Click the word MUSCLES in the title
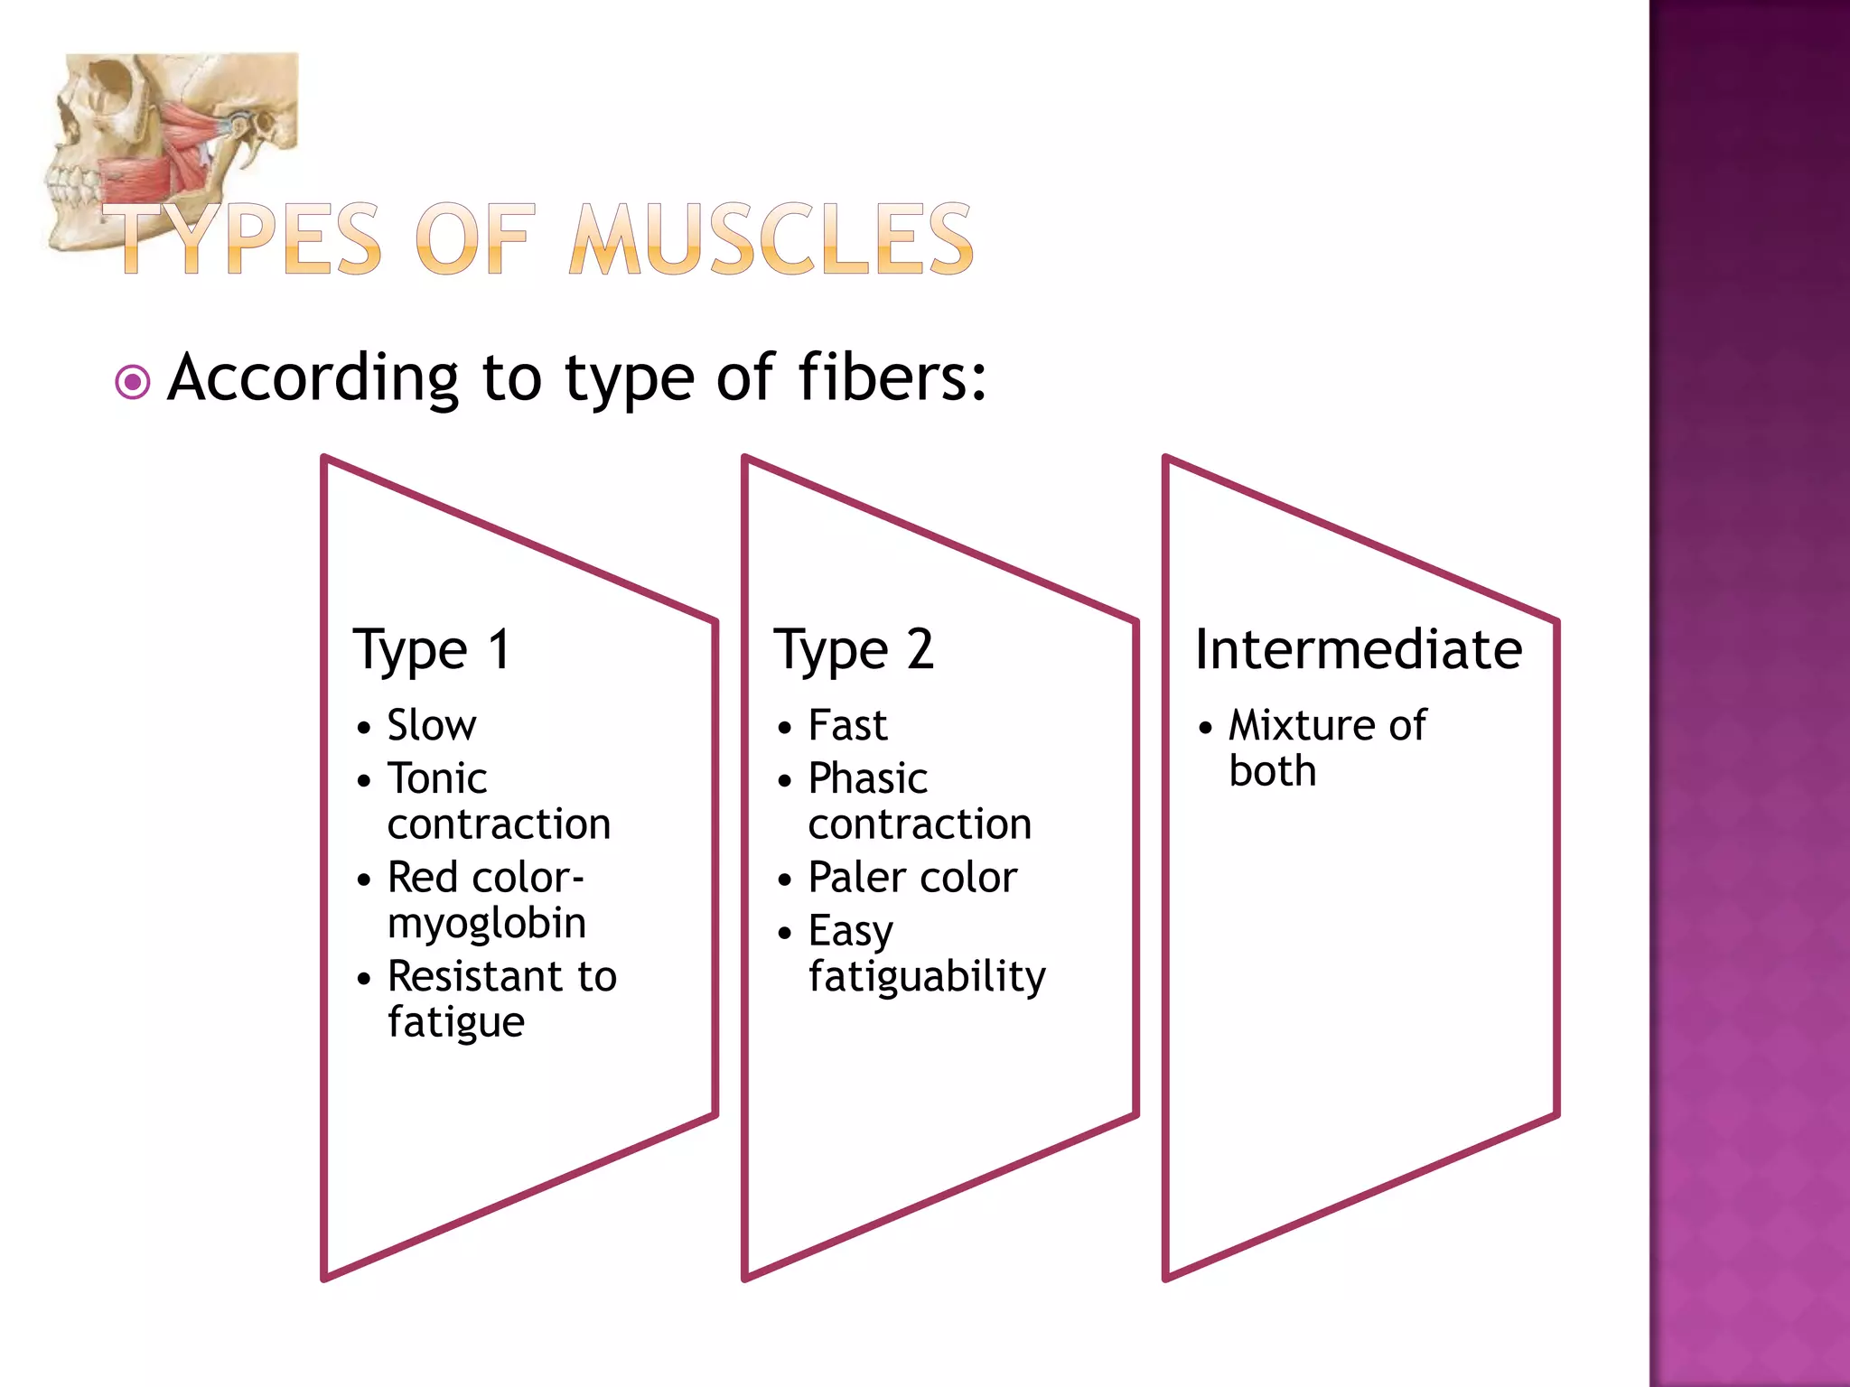pos(772,239)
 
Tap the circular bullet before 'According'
pos(133,382)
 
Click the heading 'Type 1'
pos(432,650)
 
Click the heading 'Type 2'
pos(854,650)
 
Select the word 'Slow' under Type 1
pos(432,725)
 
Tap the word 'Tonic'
pos(437,778)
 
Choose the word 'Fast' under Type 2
pos(847,725)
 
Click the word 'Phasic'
pos(868,778)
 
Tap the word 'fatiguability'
pos(927,977)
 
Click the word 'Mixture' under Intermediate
pos(1301,725)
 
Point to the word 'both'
pos(1272,772)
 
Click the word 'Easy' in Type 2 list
pos(851,931)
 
